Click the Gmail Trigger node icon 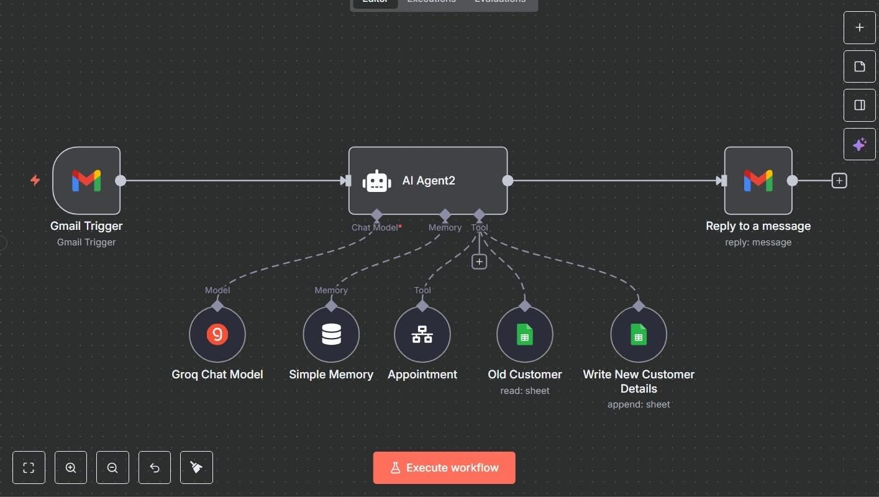[86, 180]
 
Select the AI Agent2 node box [427, 180]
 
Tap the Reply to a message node [758, 180]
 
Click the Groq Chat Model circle [217, 334]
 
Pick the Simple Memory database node [331, 334]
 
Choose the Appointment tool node [422, 334]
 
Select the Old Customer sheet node [525, 334]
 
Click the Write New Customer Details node [639, 334]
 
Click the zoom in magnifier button [71, 467]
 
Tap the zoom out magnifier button [112, 467]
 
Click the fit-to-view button [29, 467]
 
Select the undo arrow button [155, 467]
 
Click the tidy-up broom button [196, 467]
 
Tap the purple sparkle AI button [859, 144]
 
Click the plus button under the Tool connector [479, 262]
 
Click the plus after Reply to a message [839, 181]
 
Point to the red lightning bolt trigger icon [35, 180]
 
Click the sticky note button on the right [859, 66]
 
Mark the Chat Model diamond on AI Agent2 [376, 215]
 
